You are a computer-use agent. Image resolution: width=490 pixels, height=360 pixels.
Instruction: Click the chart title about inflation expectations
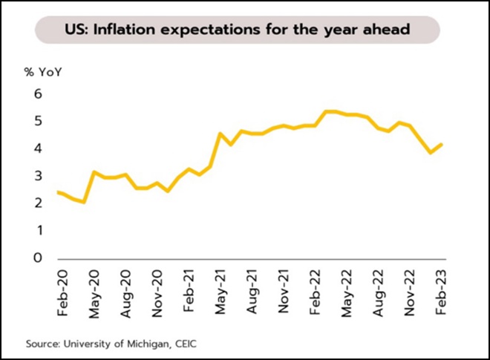238,30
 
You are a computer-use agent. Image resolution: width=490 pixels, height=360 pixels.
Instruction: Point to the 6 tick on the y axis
38,94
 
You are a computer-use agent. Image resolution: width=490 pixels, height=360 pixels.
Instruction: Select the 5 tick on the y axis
38,121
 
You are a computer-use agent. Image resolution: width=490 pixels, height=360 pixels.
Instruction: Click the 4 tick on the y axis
38,148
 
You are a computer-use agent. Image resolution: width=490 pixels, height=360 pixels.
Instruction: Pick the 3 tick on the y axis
38,176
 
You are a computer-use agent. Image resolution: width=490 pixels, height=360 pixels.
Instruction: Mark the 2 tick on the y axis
38,203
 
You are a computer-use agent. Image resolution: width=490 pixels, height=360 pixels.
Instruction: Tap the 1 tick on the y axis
38,230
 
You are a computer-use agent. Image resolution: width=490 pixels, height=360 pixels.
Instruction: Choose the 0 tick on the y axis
38,258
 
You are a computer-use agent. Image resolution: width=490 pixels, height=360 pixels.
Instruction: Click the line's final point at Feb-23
443,144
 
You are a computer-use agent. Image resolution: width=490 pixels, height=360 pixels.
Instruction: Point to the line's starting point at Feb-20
59,192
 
